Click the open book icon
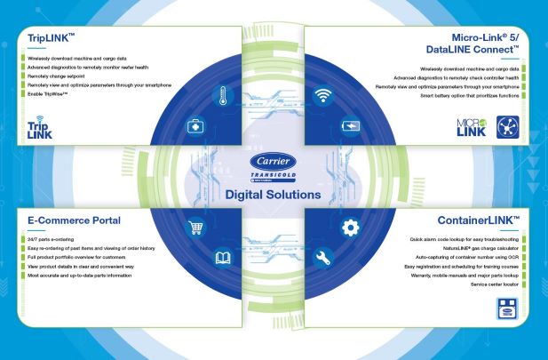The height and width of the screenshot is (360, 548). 222,259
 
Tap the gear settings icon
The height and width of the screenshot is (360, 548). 350,228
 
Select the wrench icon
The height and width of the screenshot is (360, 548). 323,259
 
